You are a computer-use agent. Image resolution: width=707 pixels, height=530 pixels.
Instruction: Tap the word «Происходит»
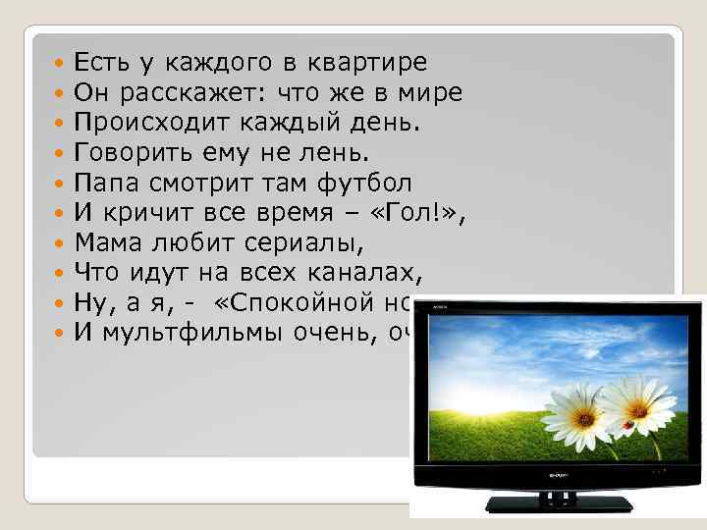coord(148,124)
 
